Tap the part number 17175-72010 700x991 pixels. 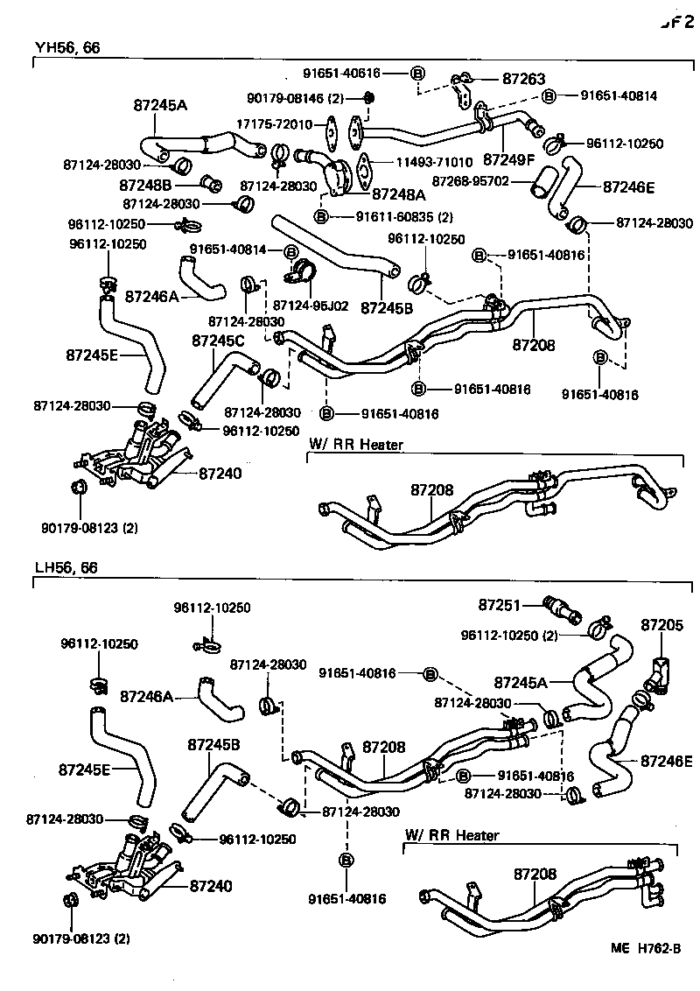coord(273,124)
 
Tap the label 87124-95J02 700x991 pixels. coord(311,306)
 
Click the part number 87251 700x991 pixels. coord(500,605)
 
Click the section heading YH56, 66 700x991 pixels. coord(67,49)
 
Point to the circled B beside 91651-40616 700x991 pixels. coord(416,73)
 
